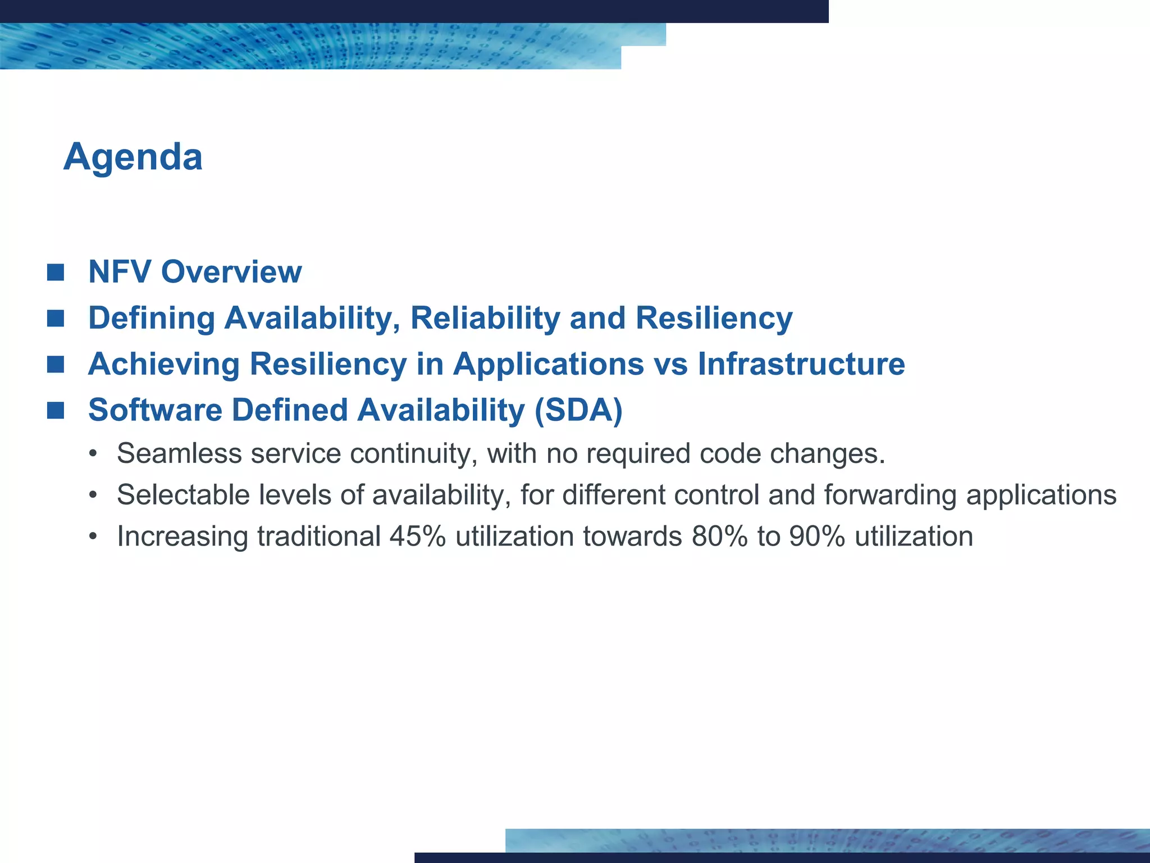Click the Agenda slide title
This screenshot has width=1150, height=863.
(133, 157)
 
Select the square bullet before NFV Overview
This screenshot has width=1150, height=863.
(55, 272)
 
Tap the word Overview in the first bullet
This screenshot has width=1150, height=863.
(231, 272)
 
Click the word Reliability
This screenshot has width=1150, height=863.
(485, 318)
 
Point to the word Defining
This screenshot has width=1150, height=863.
(152, 318)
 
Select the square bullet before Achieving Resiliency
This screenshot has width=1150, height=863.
(55, 365)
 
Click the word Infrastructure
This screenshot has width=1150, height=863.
(801, 364)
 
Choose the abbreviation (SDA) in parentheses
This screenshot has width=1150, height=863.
(578, 410)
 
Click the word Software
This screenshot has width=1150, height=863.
(155, 410)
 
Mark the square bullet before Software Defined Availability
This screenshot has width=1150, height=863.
(55, 411)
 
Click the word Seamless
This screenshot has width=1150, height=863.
(179, 453)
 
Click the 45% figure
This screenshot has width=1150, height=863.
(417, 537)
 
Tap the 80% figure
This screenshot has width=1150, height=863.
(719, 537)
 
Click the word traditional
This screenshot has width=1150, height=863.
(319, 537)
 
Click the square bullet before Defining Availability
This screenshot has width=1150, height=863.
(55, 319)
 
